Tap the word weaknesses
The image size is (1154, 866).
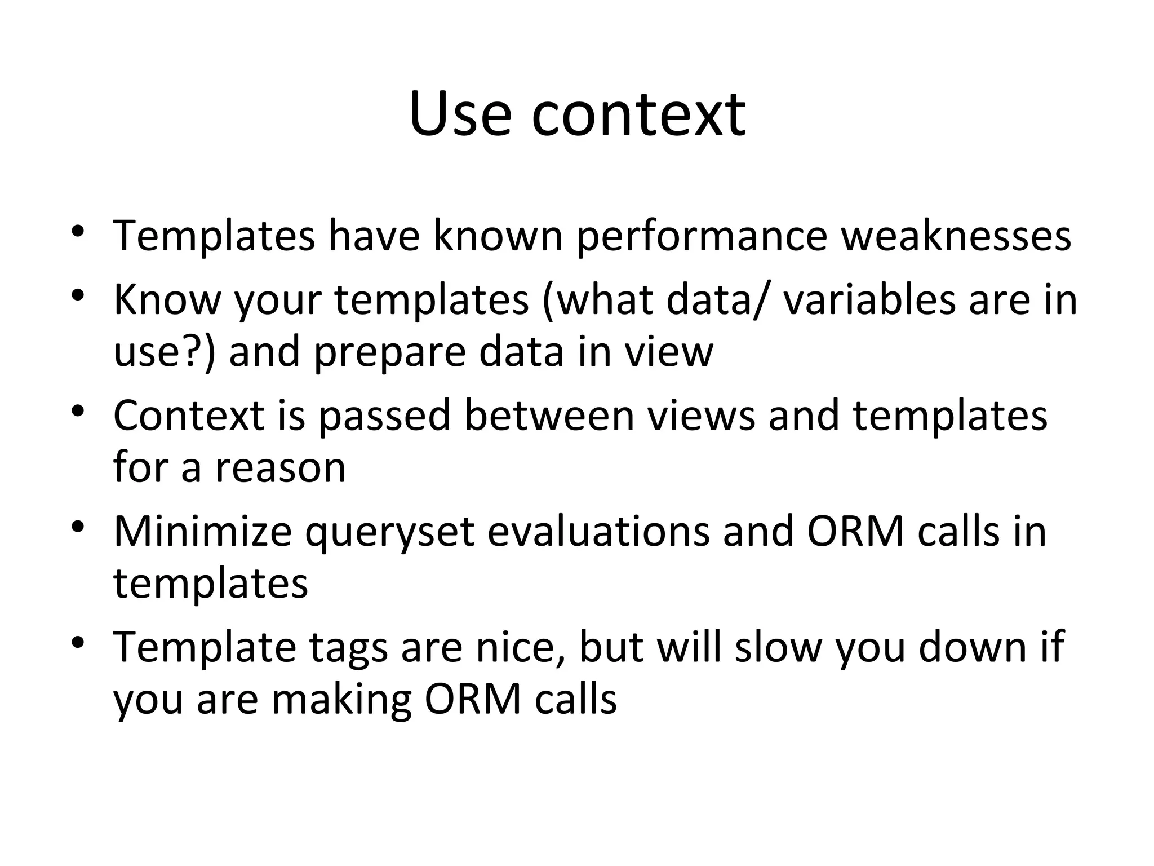(956, 236)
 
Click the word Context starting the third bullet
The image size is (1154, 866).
(189, 416)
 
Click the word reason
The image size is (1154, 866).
(280, 469)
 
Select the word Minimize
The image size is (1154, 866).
(202, 532)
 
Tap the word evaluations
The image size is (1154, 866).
(598, 532)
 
